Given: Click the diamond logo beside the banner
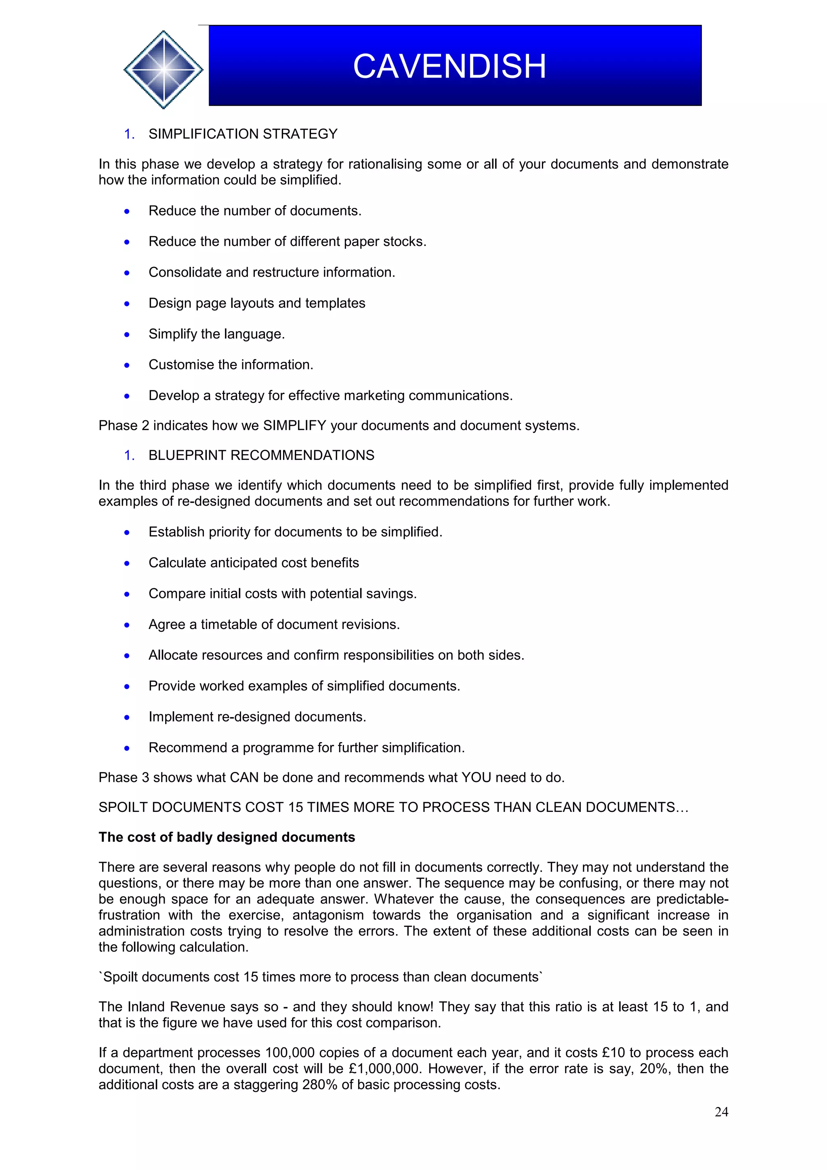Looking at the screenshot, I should [163, 69].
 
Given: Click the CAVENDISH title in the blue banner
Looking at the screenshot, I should [449, 66].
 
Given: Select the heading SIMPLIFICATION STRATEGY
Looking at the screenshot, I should [243, 134].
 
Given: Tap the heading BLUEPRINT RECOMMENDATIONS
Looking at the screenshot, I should [261, 455].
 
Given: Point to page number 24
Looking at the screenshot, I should [721, 1111].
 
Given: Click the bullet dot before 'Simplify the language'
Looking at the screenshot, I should [127, 335].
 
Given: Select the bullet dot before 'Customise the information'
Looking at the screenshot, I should [127, 365].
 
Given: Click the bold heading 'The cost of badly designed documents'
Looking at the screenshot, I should [227, 837].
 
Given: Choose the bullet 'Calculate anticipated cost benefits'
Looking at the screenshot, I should [253, 562].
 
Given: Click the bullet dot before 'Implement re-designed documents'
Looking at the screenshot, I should [127, 717].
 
